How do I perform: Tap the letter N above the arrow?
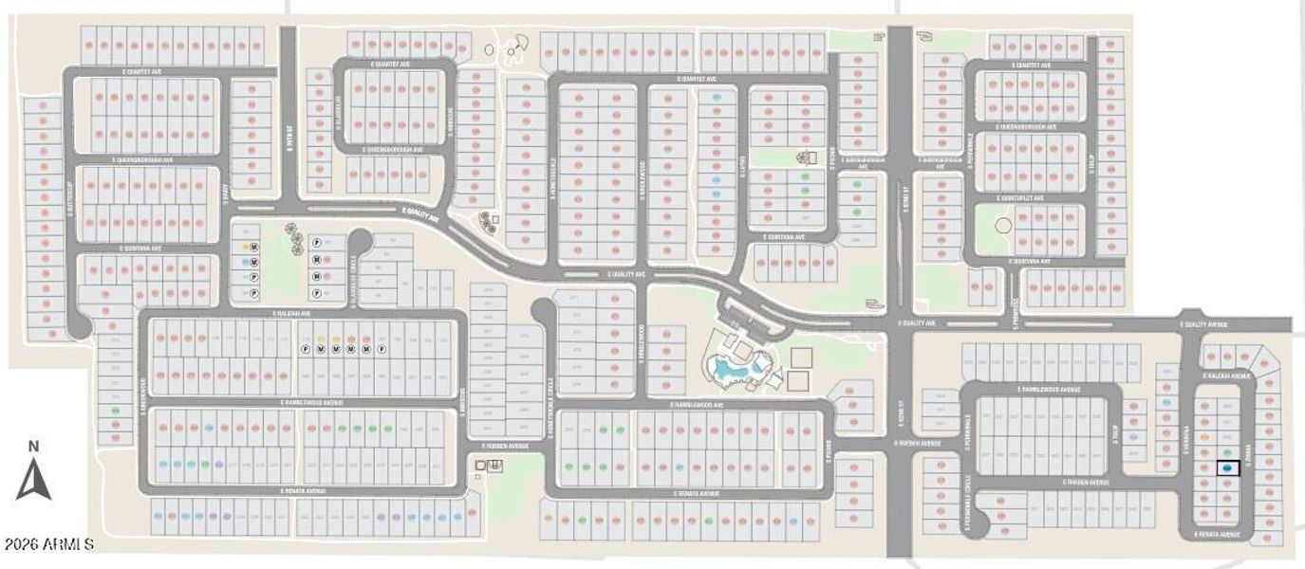(33, 447)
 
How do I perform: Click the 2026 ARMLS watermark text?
(48, 544)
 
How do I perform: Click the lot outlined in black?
(1227, 468)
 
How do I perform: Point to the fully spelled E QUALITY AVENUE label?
(1204, 324)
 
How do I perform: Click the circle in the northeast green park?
(1002, 227)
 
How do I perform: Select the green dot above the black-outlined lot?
(1227, 452)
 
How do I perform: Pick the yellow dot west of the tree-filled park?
(246, 245)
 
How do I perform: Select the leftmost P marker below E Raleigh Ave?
(307, 349)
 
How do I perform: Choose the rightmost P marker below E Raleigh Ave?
(381, 349)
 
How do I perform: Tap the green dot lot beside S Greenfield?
(116, 411)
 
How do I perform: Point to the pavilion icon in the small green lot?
(807, 158)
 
